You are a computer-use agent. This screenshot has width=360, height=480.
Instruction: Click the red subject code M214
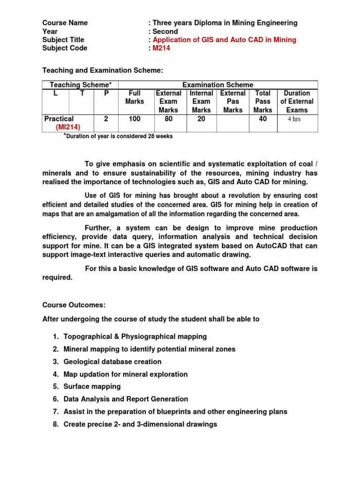[161, 48]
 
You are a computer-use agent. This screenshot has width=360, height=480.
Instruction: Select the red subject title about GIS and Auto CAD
[225, 40]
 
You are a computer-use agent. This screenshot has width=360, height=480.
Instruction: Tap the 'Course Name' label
[65, 23]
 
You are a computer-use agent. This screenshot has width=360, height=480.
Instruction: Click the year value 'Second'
[165, 31]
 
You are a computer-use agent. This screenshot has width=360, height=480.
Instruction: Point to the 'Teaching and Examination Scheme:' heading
[103, 70]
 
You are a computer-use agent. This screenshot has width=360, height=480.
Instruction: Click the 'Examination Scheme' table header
[217, 85]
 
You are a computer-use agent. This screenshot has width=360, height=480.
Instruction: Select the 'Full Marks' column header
[135, 97]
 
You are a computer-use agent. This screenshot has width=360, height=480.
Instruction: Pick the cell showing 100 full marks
[135, 119]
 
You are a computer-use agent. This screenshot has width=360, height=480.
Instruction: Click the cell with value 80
[168, 119]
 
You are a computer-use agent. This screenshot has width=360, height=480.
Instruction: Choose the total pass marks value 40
[262, 119]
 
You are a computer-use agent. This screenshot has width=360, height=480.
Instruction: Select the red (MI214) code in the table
[68, 127]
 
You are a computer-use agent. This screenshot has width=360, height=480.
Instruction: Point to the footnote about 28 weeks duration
[118, 136]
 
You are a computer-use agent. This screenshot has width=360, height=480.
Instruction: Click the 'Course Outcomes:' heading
[74, 305]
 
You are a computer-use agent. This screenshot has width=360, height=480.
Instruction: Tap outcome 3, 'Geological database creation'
[112, 361]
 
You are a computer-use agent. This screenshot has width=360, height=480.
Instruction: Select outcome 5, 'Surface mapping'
[92, 386]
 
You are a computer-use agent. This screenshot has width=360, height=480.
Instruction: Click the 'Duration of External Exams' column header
[297, 101]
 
